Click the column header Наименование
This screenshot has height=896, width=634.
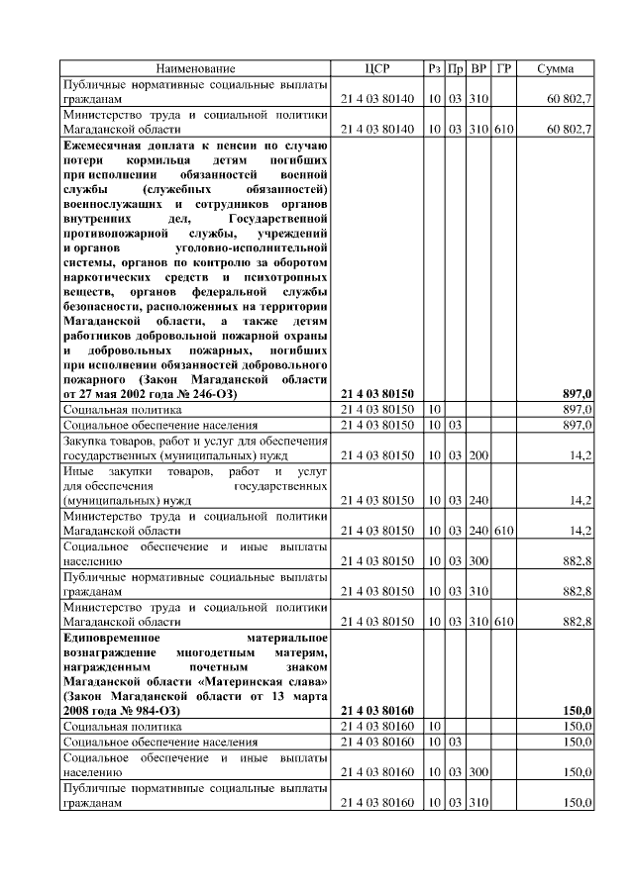[x=195, y=68]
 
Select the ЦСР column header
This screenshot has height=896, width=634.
[x=376, y=68]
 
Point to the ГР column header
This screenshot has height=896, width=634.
[x=504, y=68]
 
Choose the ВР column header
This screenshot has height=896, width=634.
[x=479, y=68]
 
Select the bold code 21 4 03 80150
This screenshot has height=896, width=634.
[x=376, y=393]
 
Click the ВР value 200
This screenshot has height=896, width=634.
[x=479, y=455]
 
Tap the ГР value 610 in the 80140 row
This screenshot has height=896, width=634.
[x=504, y=130]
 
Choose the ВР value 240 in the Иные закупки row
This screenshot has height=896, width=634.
[x=479, y=500]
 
